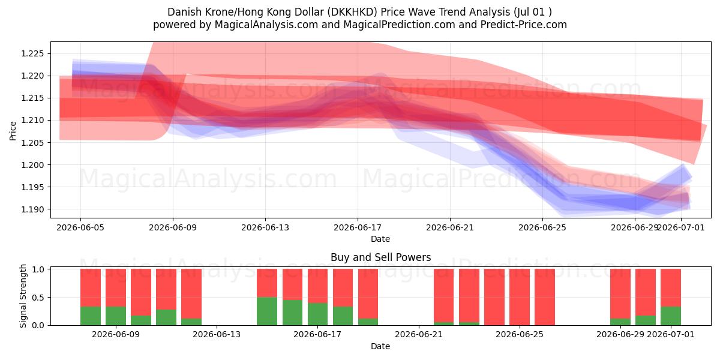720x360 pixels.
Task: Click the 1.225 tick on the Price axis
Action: click(x=32, y=53)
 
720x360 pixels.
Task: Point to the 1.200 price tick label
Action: click(x=32, y=165)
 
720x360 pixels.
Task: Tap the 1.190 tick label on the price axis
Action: click(x=32, y=209)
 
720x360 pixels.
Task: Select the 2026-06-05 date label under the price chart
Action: click(x=80, y=227)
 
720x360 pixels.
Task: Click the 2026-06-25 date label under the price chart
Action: click(x=542, y=227)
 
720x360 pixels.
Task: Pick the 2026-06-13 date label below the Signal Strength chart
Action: click(x=217, y=334)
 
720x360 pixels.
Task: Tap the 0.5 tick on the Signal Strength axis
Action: click(x=38, y=298)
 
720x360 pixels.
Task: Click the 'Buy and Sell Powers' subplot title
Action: click(x=380, y=257)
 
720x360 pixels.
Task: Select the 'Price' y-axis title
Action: click(x=13, y=131)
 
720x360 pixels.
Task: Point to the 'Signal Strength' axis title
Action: click(x=23, y=296)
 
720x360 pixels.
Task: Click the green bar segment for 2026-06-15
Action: click(x=267, y=311)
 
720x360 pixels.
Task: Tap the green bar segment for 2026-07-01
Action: click(x=671, y=316)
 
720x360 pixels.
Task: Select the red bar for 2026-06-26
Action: click(x=545, y=297)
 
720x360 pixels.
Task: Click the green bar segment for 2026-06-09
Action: click(x=116, y=316)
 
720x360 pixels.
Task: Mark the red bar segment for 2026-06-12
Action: click(x=191, y=294)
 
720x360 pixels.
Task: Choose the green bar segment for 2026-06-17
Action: click(x=317, y=314)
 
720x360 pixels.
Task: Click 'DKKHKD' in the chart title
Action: click(x=352, y=12)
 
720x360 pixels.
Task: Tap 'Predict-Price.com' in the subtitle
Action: click(x=524, y=25)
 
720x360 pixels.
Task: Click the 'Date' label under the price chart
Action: click(x=380, y=239)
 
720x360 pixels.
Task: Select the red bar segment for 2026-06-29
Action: click(x=620, y=294)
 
